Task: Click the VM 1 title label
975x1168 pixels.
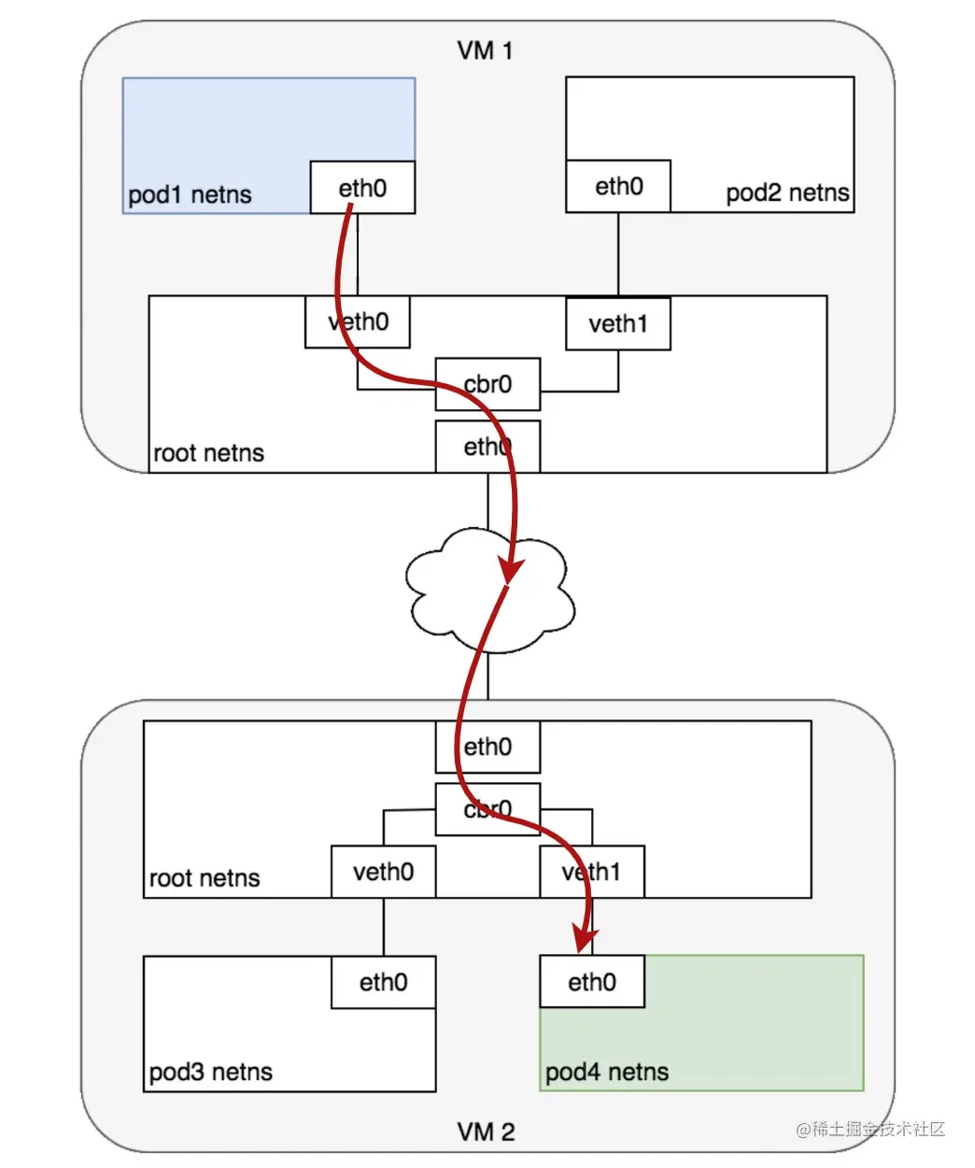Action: point(485,50)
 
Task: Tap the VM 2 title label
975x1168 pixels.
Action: point(486,1132)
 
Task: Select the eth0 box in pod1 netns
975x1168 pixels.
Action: point(362,188)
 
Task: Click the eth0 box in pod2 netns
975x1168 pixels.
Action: point(618,186)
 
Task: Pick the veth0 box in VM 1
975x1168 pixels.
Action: point(358,322)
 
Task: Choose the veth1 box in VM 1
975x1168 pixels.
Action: point(618,324)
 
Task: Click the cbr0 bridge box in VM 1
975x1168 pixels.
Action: point(487,384)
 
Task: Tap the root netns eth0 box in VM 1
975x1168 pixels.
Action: point(487,447)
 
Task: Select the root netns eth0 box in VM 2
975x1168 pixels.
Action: point(487,747)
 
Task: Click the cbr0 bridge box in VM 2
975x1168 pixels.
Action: point(487,809)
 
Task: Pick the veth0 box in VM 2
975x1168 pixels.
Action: point(383,872)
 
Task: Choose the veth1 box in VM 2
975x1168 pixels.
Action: point(592,872)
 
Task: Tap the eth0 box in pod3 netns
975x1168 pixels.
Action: point(383,982)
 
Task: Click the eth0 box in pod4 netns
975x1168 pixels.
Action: point(592,981)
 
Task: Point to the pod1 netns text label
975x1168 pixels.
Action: point(190,194)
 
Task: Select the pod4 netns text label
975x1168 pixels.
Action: point(607,1072)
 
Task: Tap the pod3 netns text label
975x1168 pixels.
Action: point(211,1072)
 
